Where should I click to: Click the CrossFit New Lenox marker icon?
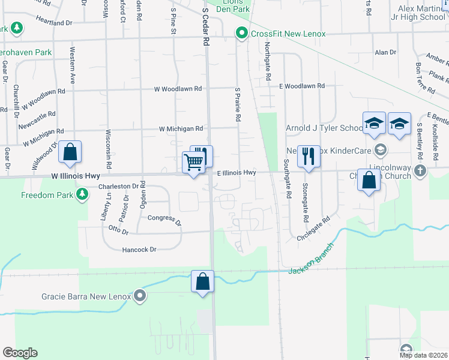click(242, 34)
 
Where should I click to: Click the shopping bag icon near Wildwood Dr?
click(70, 152)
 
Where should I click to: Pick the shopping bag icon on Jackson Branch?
click(203, 281)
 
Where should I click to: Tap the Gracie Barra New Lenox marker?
click(140, 296)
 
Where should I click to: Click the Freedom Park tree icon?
click(82, 194)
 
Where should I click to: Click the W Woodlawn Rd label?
click(178, 89)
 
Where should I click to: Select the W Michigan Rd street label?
click(181, 128)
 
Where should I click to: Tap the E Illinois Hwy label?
click(237, 173)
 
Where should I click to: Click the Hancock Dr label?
click(139, 250)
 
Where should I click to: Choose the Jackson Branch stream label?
click(310, 264)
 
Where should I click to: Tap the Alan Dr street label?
click(385, 53)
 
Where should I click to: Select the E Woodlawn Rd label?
click(302, 86)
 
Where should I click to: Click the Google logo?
click(20, 353)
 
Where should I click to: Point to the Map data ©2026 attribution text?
click(423, 355)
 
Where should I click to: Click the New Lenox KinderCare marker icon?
click(379, 149)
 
